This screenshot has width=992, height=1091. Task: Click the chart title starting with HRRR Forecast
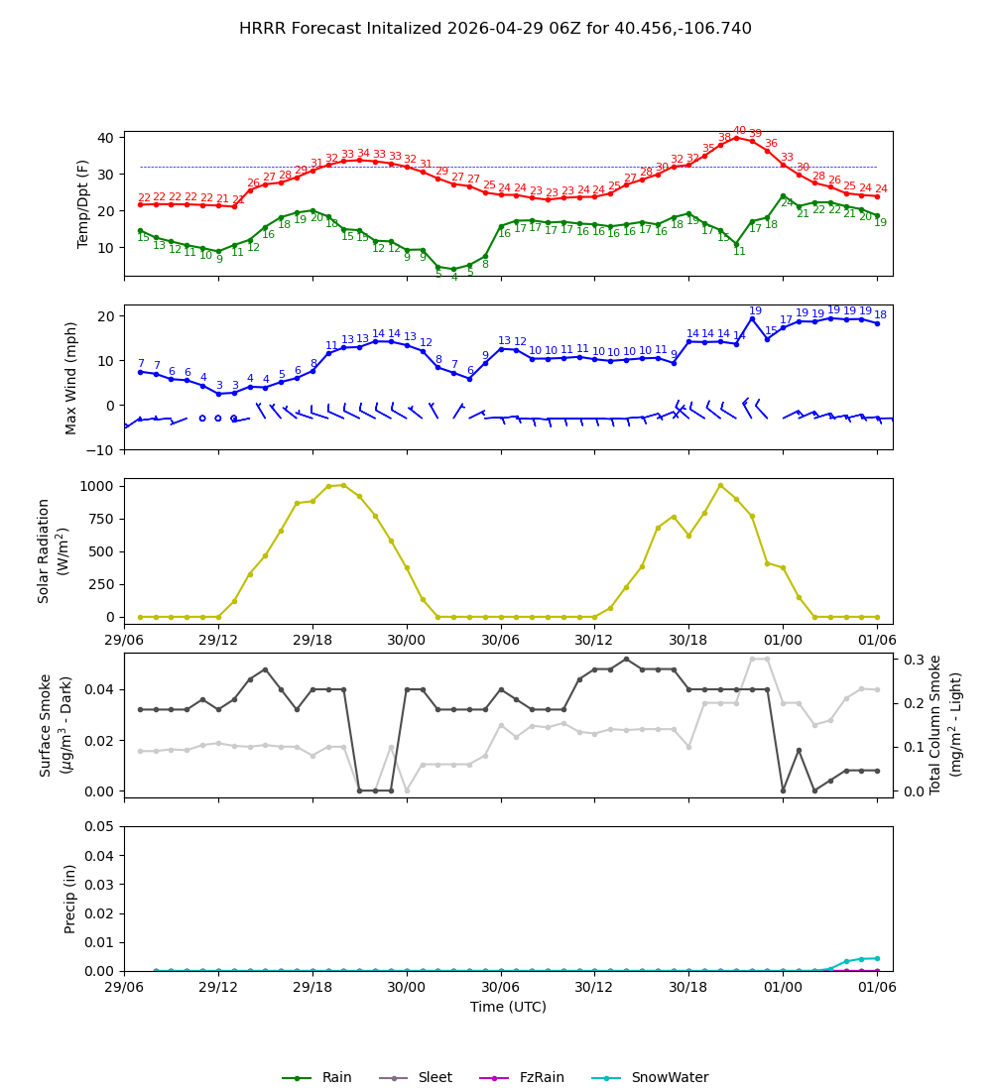[495, 29]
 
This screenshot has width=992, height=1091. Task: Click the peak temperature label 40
[739, 131]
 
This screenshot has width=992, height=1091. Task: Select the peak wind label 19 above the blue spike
[755, 311]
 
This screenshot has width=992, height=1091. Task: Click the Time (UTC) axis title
[508, 1007]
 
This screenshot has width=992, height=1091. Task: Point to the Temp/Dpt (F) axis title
[84, 203]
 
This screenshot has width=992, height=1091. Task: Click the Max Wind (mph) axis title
[71, 377]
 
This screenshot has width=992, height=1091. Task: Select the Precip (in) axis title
[71, 899]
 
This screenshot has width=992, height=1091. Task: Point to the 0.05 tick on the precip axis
[100, 826]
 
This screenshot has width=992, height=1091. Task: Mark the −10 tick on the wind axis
[101, 450]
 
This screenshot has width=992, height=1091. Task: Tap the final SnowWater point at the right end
[877, 958]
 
